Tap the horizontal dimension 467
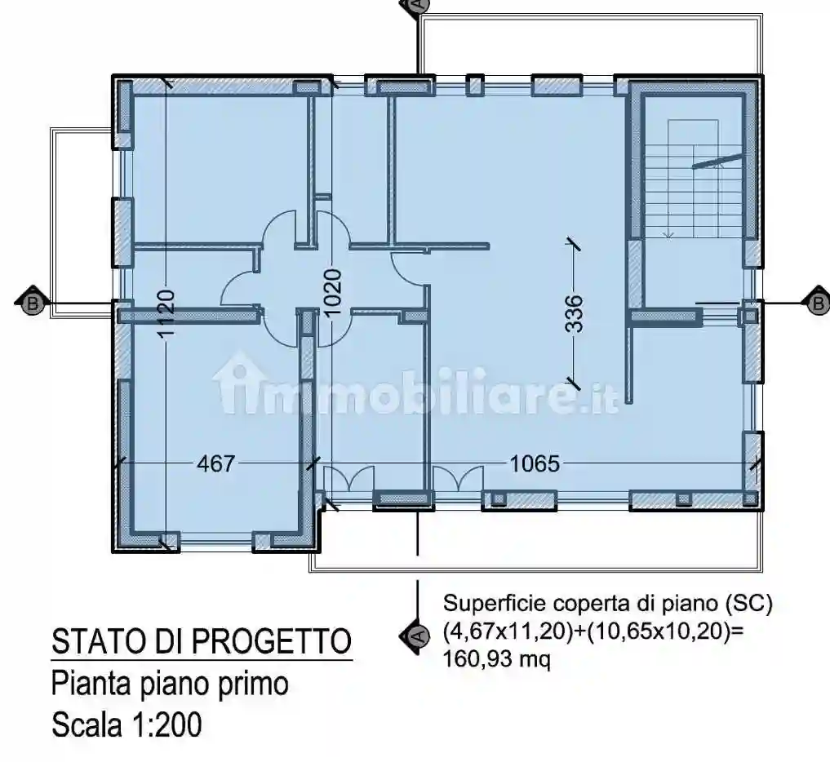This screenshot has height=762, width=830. pos(215,464)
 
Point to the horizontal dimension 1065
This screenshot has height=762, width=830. pos(535,464)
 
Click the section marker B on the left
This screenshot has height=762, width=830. pos(31,303)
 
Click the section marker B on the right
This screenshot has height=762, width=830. pos(817,303)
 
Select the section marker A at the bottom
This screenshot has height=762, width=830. pos(414,635)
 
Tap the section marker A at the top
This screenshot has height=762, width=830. pos(415,5)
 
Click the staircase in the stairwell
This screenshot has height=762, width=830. pos(693,179)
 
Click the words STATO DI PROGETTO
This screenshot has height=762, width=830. pos(202,642)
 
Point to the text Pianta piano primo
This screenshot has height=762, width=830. pos(170,683)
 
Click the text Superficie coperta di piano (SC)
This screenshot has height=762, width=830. pos(606,605)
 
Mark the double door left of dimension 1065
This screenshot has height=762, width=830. pos(457,479)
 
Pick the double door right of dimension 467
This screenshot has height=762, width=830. pos(348,479)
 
